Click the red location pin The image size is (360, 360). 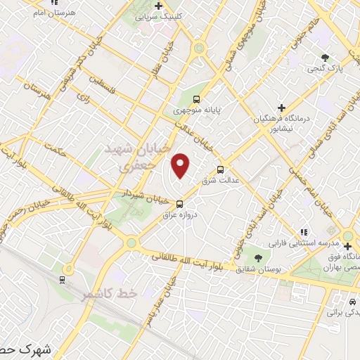pos(181,166)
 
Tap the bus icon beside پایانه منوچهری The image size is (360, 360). pos(196,99)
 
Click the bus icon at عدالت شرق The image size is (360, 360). pos(221,169)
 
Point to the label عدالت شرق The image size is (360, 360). pos(217,181)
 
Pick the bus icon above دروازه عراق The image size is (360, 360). pos(179,204)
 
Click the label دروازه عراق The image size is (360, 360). pos(179,214)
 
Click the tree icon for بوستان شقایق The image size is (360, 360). pos(257,257)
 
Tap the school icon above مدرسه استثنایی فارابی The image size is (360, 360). pos(304,231)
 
